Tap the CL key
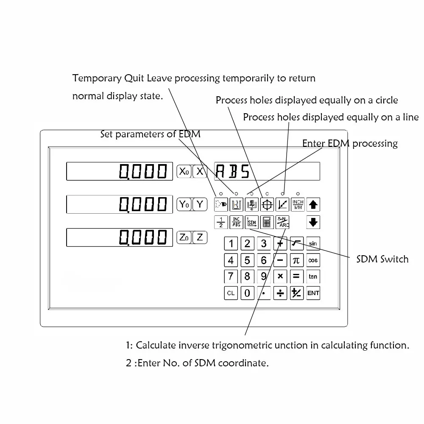(x=231, y=293)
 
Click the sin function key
(x=313, y=243)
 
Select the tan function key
(x=313, y=276)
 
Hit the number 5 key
(x=247, y=260)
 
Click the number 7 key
(x=231, y=276)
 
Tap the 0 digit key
(x=247, y=293)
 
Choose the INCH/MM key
(x=298, y=204)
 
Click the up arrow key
(x=313, y=204)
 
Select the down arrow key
(x=313, y=222)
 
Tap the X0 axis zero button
(x=183, y=171)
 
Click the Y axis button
(x=199, y=204)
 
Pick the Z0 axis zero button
(x=183, y=237)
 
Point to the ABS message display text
(x=233, y=171)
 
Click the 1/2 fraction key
(x=220, y=222)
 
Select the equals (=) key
(x=296, y=276)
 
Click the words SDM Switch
(x=382, y=259)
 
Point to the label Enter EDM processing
(x=350, y=143)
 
